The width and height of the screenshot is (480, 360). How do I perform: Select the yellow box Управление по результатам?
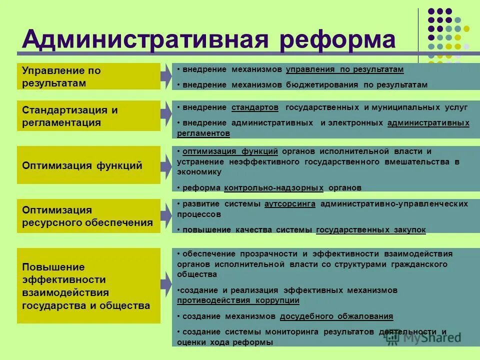[88, 76]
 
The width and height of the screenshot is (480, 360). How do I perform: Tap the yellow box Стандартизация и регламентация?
[88, 116]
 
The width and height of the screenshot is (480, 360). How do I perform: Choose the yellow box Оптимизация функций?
[88, 165]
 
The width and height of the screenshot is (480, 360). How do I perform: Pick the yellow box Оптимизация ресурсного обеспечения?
[88, 216]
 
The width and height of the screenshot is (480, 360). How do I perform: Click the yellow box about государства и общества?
[88, 285]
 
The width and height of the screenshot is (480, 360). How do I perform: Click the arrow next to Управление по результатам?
[166, 76]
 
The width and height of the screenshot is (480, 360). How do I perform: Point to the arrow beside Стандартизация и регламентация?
[166, 114]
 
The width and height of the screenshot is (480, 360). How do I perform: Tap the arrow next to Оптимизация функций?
[166, 165]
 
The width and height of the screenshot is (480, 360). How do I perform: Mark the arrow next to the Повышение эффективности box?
[166, 285]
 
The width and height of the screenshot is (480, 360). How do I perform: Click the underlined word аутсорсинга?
[289, 204]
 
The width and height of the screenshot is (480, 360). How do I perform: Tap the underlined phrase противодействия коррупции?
[238, 300]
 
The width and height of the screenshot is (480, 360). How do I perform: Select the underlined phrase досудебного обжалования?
[336, 316]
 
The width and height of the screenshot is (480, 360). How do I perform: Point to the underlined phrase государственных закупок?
[371, 230]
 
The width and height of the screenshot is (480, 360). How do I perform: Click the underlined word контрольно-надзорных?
[274, 188]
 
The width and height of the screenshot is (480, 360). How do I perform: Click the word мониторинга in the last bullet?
[290, 332]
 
